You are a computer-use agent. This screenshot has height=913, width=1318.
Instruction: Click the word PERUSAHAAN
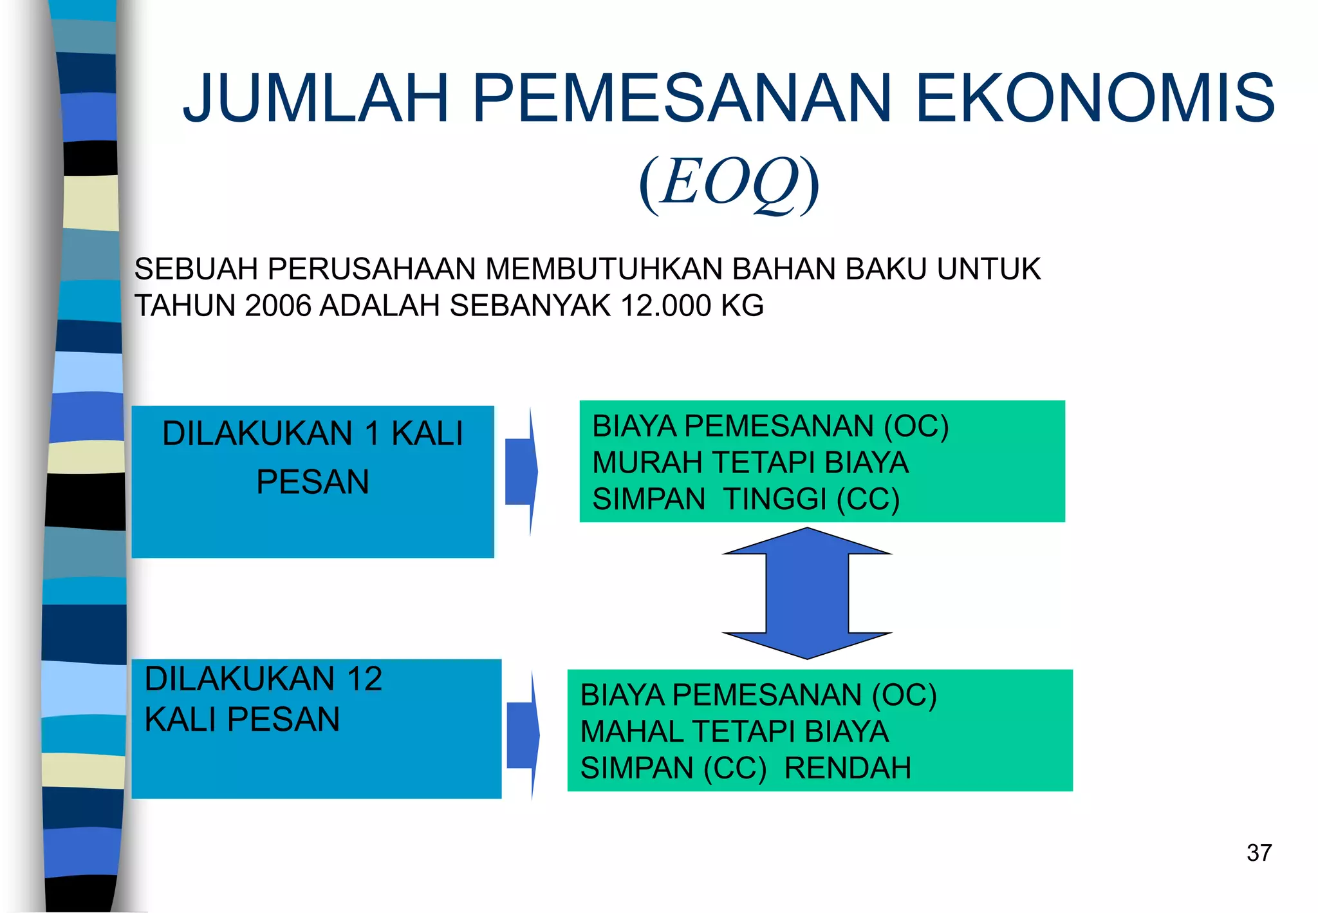click(371, 269)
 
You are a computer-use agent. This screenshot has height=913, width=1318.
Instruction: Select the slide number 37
click(1259, 852)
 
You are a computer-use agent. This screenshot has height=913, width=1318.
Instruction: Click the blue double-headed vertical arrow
click(807, 593)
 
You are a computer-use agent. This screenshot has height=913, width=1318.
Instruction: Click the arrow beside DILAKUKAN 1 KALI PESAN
click(521, 471)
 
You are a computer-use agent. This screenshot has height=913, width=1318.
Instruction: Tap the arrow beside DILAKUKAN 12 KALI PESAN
click(523, 735)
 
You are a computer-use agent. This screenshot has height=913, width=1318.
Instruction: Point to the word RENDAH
click(848, 767)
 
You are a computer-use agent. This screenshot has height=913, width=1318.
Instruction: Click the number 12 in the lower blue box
click(364, 679)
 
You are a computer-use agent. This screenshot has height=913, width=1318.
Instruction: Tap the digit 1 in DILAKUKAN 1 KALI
click(372, 433)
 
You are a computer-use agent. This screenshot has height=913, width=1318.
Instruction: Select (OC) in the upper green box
click(916, 426)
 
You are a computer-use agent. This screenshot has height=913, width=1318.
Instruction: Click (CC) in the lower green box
click(734, 767)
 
